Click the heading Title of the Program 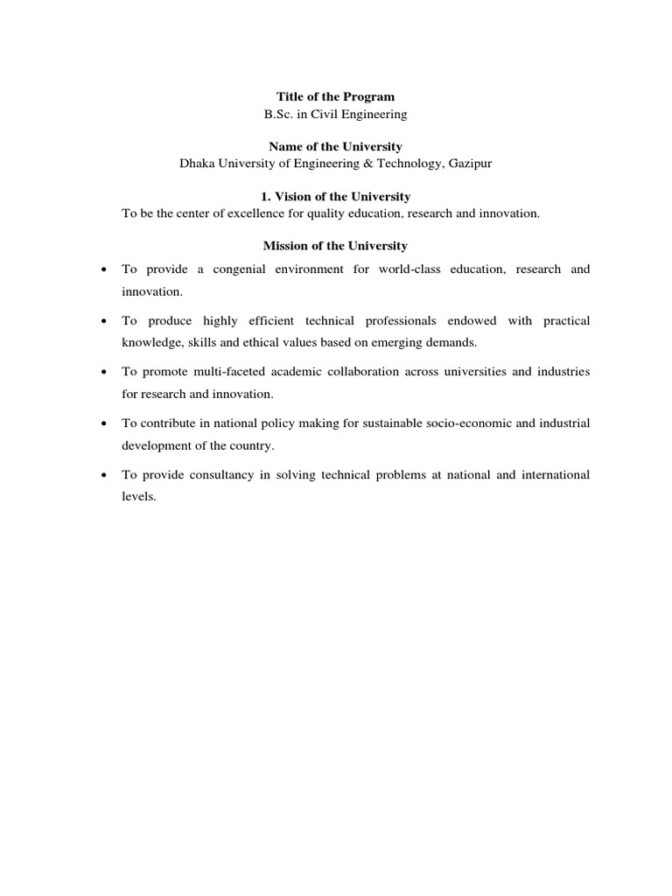(x=335, y=96)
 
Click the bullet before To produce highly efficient (x=104, y=321)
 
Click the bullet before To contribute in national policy (x=104, y=423)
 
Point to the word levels (x=138, y=496)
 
